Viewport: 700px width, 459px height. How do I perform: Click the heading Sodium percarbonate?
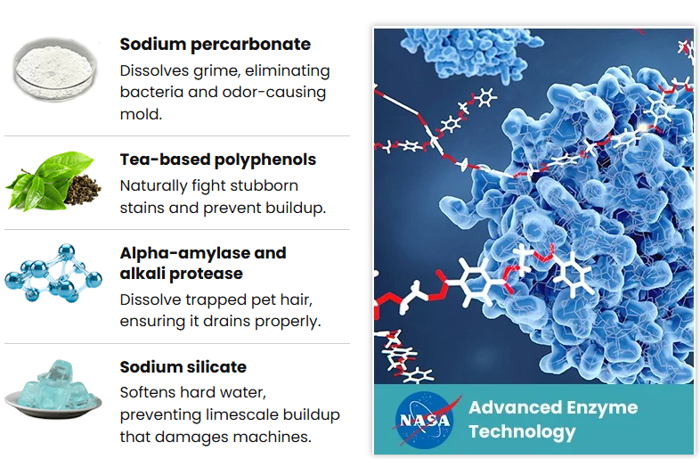coord(216,45)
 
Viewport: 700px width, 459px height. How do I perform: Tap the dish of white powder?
coord(54,69)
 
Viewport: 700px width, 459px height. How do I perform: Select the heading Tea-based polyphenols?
coord(218,160)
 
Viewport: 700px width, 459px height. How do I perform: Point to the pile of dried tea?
coord(83,189)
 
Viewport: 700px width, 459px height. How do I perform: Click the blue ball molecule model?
coord(53,273)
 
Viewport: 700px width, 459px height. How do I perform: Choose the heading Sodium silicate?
coord(183,367)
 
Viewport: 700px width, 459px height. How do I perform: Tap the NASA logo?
coord(425,420)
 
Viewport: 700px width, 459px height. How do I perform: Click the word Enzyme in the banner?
coord(601,408)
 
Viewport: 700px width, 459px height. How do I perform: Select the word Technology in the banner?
coord(522,431)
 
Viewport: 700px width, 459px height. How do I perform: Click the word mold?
coord(141,114)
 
